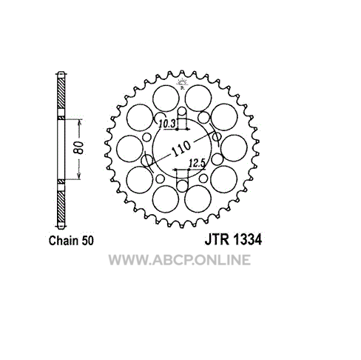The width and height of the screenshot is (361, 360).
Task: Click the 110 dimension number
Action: pyautogui.click(x=181, y=149)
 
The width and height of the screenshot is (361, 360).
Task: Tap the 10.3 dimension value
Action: pyautogui.click(x=167, y=124)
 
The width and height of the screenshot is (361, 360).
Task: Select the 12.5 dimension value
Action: pyautogui.click(x=197, y=164)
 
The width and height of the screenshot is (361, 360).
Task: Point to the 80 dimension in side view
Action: pyautogui.click(x=79, y=148)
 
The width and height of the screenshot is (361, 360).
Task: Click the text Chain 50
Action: pyautogui.click(x=71, y=241)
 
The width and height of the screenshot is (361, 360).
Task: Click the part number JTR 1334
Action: pyautogui.click(x=233, y=239)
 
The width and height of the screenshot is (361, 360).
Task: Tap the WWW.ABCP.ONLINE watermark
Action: pyautogui.click(x=180, y=260)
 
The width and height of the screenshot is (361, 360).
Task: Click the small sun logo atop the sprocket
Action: pyautogui.click(x=182, y=84)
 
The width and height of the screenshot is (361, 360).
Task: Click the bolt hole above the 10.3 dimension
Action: pyautogui.click(x=182, y=111)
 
